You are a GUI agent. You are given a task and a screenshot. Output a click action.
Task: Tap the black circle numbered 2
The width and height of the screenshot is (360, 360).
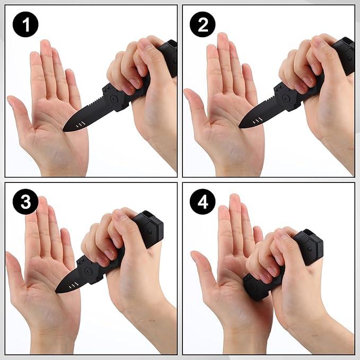203,24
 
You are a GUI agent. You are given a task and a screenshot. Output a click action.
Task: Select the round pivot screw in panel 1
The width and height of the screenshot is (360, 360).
113,99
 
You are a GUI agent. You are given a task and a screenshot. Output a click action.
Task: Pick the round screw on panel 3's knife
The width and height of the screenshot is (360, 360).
90,273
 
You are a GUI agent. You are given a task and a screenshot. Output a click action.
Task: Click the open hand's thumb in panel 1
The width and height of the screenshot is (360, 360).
17,111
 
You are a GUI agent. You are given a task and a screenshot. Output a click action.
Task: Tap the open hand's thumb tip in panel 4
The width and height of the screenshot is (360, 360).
195,256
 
